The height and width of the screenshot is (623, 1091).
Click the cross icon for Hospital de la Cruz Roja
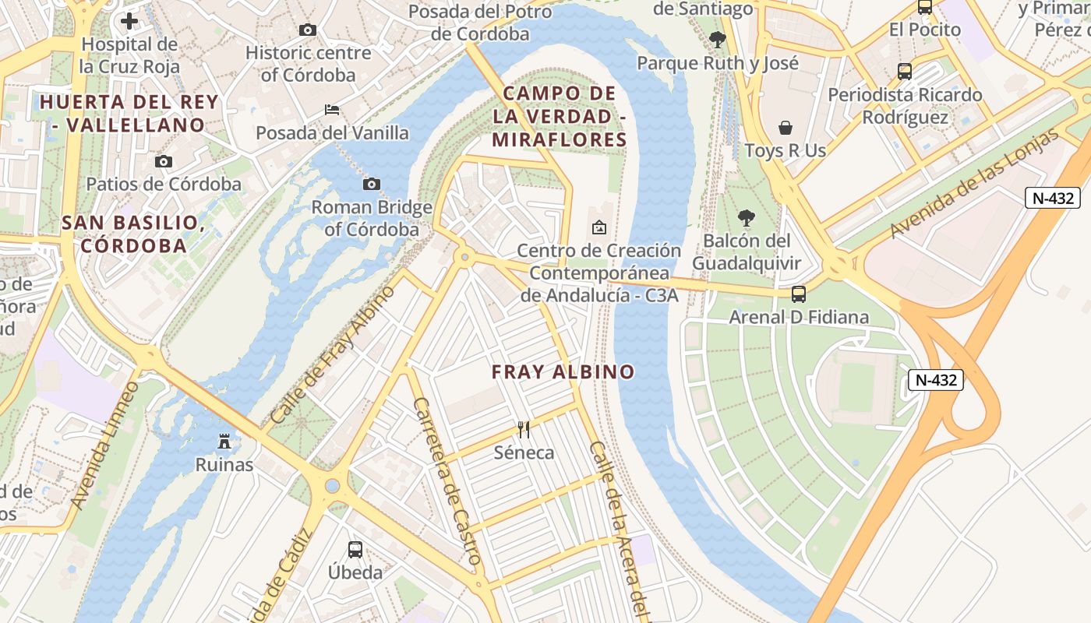point(129,20)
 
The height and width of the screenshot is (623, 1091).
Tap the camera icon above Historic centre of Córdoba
point(308,30)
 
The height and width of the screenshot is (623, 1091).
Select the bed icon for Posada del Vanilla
point(332,109)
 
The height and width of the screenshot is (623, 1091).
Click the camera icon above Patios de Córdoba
point(164,161)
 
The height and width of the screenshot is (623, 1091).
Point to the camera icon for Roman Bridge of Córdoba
point(372,184)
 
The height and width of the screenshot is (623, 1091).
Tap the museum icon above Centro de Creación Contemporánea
point(598,227)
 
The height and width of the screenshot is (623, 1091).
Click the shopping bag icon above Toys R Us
point(786,127)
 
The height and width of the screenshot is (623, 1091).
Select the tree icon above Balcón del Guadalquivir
point(746,217)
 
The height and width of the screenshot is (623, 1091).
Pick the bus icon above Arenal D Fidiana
point(798,294)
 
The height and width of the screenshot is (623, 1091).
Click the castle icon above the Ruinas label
point(224,442)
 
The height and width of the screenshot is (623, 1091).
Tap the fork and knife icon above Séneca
point(524,429)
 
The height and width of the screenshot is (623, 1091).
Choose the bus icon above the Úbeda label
point(355,549)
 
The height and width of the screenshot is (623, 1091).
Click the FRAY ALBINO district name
point(563,372)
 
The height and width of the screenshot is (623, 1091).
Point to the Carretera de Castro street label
point(447,481)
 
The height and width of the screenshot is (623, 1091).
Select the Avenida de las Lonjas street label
point(974,184)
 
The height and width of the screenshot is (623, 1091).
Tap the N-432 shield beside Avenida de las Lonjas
point(1052,198)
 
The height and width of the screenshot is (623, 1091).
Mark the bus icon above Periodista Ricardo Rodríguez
point(904,72)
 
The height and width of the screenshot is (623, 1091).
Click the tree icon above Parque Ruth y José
point(718,39)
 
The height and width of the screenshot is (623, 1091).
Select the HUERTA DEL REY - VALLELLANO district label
point(129,113)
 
